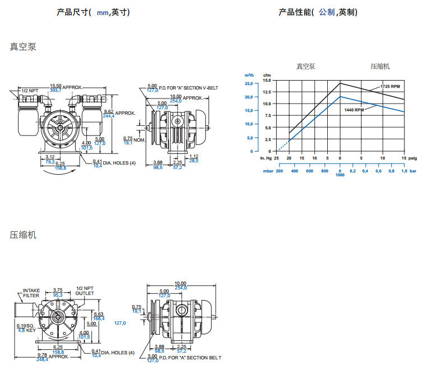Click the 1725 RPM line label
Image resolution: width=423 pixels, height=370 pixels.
pyautogui.click(x=390, y=87)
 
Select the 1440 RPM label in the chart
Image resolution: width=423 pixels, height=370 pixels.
pyautogui.click(x=354, y=110)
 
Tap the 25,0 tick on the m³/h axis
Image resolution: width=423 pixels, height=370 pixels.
pyautogui.click(x=249, y=83)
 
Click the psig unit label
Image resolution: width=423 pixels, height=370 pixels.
pyautogui.click(x=412, y=158)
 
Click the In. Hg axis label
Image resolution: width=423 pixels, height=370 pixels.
pyautogui.click(x=266, y=158)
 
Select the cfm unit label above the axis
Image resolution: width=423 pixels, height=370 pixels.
pyautogui.click(x=267, y=74)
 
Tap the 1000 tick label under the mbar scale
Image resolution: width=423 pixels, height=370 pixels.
pyautogui.click(x=340, y=175)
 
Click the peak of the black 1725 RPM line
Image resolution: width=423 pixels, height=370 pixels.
pyautogui.click(x=340, y=83)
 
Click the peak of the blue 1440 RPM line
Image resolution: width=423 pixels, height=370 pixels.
pyautogui.click(x=340, y=96)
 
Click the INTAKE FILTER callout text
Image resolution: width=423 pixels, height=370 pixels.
pyautogui.click(x=31, y=293)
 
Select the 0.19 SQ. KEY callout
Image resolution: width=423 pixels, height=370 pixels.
pyautogui.click(x=27, y=328)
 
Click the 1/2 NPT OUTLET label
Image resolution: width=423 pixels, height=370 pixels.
pyautogui.click(x=85, y=291)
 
